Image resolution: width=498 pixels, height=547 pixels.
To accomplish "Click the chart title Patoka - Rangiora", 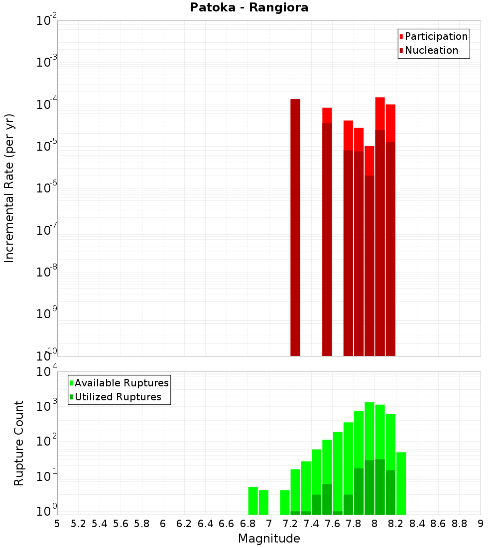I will click(249, 7).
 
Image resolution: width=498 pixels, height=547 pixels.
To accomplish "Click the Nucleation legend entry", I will click(431, 50).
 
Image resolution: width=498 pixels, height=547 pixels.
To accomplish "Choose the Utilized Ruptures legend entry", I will click(118, 397).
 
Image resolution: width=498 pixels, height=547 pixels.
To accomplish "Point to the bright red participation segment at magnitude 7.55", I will click(327, 115).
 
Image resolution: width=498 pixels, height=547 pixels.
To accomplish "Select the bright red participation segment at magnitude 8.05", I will click(380, 113).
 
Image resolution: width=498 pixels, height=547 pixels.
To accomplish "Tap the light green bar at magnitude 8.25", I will click(401, 482).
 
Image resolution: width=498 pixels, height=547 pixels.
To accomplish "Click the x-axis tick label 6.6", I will click(227, 523).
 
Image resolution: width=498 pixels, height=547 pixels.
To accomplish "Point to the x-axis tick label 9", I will click(481, 523).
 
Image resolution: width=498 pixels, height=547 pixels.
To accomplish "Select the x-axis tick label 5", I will click(57, 523).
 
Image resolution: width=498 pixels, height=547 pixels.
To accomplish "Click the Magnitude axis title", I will click(269, 539).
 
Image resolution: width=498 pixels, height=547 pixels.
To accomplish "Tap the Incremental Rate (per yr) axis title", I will click(9, 188).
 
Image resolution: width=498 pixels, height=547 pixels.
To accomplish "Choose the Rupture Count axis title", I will click(19, 443).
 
